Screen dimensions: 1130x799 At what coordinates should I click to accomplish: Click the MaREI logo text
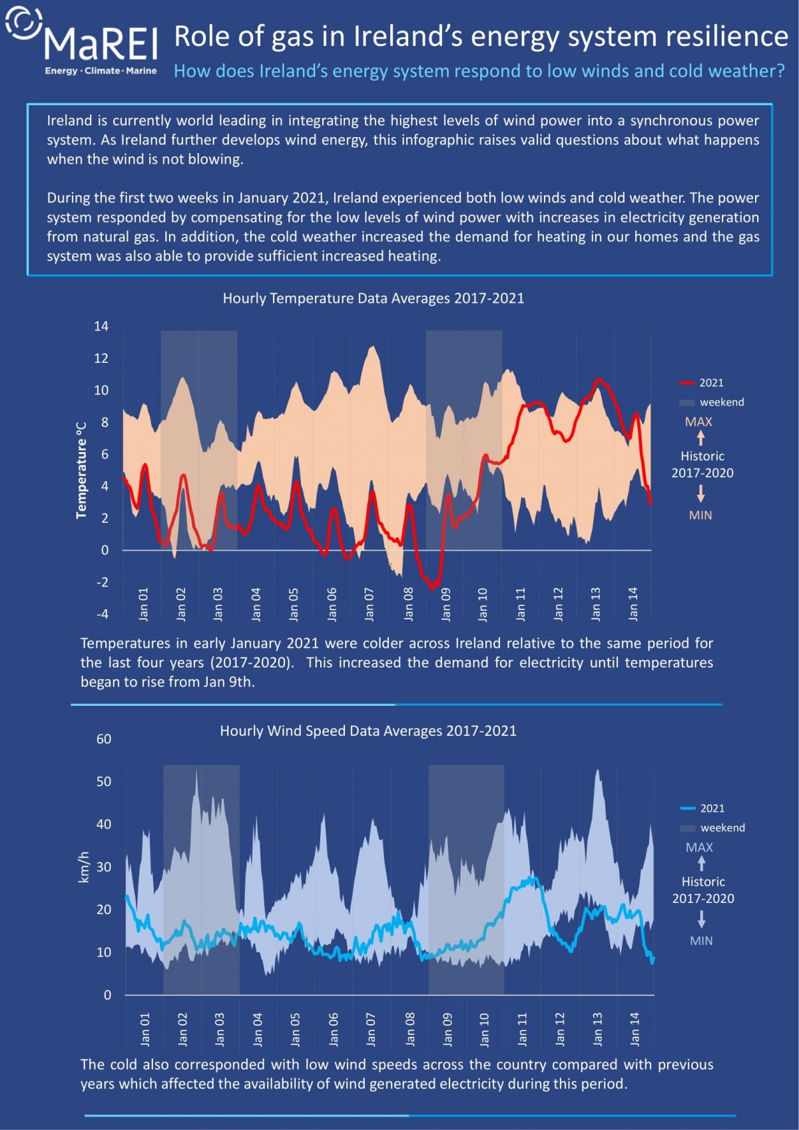101,43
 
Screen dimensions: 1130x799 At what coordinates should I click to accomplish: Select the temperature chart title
373,298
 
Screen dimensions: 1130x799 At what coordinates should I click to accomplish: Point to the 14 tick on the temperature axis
101,326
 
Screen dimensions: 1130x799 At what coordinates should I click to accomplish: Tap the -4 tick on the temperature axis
102,614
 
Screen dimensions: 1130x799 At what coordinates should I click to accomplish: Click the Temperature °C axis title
81,469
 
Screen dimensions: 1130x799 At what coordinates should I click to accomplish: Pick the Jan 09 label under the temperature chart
445,603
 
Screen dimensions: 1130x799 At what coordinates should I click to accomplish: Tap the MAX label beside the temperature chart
698,422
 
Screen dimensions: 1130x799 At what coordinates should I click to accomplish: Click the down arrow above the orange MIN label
700,493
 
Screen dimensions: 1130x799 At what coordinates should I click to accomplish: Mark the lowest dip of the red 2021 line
432,587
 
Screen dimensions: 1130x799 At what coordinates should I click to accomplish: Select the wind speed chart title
368,730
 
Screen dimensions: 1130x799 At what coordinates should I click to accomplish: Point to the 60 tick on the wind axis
104,738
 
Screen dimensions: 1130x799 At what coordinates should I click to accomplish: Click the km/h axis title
84,867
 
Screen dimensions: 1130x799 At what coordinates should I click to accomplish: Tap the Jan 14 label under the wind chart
634,1029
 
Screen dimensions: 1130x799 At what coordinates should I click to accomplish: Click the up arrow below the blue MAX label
701,864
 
